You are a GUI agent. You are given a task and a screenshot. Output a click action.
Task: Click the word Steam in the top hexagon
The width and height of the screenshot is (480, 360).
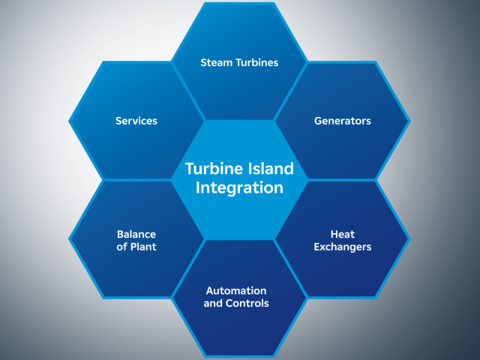pyautogui.click(x=216, y=62)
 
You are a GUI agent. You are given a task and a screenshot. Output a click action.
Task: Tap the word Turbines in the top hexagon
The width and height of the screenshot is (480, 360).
pyautogui.click(x=256, y=62)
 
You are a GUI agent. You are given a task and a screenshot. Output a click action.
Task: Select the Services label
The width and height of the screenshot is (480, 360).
pyautogui.click(x=136, y=120)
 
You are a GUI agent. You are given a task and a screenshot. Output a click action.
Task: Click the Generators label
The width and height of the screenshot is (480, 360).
pyautogui.click(x=343, y=120)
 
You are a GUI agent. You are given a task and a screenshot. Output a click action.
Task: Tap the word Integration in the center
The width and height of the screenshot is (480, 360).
pyautogui.click(x=239, y=187)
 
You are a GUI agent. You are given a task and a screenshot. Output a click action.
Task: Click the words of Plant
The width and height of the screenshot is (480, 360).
pyautogui.click(x=136, y=246)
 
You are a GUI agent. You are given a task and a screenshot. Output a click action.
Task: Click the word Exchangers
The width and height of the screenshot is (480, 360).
pyautogui.click(x=343, y=246)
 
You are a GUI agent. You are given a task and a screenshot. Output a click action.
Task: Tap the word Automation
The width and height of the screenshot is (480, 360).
pyautogui.click(x=235, y=290)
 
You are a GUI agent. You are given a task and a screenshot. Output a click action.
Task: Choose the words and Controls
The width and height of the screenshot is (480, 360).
pyautogui.click(x=235, y=303)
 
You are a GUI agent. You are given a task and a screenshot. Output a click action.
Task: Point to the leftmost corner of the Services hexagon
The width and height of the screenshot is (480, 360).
pyautogui.click(x=69, y=120)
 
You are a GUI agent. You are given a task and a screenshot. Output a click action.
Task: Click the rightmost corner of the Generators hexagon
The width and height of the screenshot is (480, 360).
pyautogui.click(x=410, y=120)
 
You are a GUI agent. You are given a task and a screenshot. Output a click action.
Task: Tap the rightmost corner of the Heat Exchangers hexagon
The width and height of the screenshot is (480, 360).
pyautogui.click(x=410, y=239)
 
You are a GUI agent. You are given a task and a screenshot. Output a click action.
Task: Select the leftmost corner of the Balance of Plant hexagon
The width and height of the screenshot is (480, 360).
pyautogui.click(x=69, y=239)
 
